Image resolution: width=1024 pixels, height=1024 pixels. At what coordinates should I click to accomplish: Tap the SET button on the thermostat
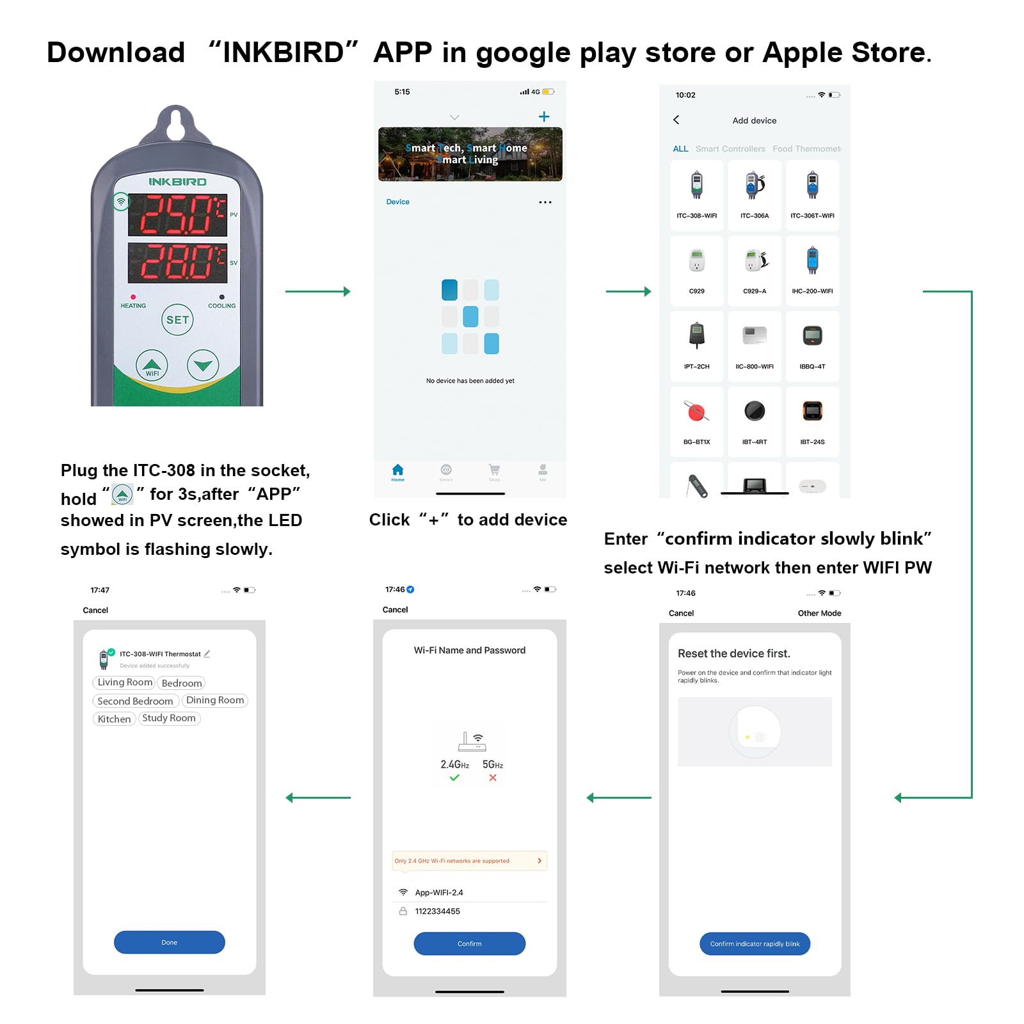coord(177,320)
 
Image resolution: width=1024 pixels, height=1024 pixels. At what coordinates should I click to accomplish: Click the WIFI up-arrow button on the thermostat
coord(152,365)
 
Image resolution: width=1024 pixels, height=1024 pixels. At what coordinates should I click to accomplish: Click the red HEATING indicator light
coord(133,297)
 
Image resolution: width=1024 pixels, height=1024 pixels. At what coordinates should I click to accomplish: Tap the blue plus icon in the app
coord(544,116)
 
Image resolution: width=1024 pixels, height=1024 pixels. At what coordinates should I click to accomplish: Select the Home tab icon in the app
coord(397,471)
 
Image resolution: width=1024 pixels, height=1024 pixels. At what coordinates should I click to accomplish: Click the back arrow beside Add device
coord(676,120)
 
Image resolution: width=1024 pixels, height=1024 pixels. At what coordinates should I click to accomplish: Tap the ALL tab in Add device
coord(680,148)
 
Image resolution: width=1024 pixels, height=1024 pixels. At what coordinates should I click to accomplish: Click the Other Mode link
coord(819,613)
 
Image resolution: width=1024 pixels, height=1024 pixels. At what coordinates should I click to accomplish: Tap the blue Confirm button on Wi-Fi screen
coord(469,943)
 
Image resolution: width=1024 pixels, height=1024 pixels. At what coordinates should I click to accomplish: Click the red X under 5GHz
coord(493,778)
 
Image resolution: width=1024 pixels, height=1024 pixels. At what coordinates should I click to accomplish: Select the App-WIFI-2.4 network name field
coord(439,892)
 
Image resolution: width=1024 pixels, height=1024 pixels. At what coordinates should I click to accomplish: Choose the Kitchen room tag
coord(114,719)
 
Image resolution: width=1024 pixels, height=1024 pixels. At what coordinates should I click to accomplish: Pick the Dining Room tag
coord(215,700)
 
